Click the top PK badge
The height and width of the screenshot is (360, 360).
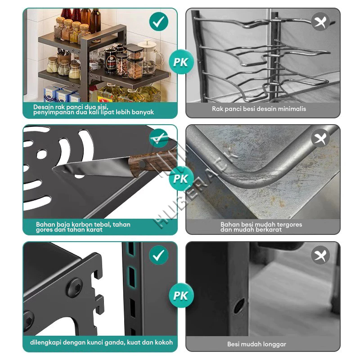(181, 62)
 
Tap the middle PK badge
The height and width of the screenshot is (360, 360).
(181, 178)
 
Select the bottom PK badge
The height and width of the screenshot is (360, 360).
(181, 295)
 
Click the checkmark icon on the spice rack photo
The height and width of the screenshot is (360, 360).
(159, 22)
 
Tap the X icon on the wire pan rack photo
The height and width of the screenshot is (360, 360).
(320, 22)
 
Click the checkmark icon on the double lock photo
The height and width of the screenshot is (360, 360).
(159, 255)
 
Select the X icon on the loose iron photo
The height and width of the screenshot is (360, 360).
(320, 255)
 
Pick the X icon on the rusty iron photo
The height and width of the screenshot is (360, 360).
(320, 138)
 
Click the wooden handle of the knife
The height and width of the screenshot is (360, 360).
(153, 162)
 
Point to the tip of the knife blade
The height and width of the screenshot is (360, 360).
(53, 170)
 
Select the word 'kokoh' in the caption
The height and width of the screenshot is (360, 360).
(164, 342)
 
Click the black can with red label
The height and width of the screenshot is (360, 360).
(111, 61)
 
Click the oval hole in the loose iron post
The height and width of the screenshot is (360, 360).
(239, 306)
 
